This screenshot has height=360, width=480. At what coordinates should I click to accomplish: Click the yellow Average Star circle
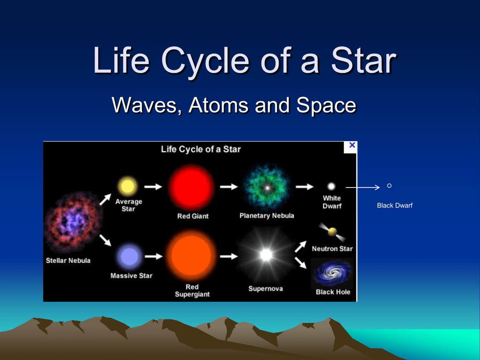tap(127, 186)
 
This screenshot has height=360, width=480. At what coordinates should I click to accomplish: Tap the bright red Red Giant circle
tap(192, 187)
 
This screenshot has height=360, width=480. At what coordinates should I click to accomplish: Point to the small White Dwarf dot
tap(331, 186)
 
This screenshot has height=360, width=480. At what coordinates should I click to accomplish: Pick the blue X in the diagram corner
tap(352, 145)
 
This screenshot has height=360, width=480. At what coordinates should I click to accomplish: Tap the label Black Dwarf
tap(395, 205)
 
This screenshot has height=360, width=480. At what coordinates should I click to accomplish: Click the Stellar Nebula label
tap(68, 261)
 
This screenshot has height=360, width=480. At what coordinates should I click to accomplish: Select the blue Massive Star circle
tap(129, 256)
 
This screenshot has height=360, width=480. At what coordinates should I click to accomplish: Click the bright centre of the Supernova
tap(266, 255)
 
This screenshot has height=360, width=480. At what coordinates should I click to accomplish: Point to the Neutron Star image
tap(332, 232)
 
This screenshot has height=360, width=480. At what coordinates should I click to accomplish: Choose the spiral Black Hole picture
tap(332, 273)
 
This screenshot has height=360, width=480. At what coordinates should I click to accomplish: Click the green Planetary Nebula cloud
tap(267, 187)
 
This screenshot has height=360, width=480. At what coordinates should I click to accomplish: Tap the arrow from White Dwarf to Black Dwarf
tap(363, 187)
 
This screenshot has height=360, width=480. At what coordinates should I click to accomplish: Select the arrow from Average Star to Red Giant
tap(153, 187)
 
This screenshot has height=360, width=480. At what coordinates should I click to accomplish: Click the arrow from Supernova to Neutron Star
tap(300, 247)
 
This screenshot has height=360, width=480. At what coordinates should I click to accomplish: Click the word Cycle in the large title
tap(205, 61)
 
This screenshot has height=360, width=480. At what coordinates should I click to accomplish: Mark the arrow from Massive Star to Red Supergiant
tap(153, 256)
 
